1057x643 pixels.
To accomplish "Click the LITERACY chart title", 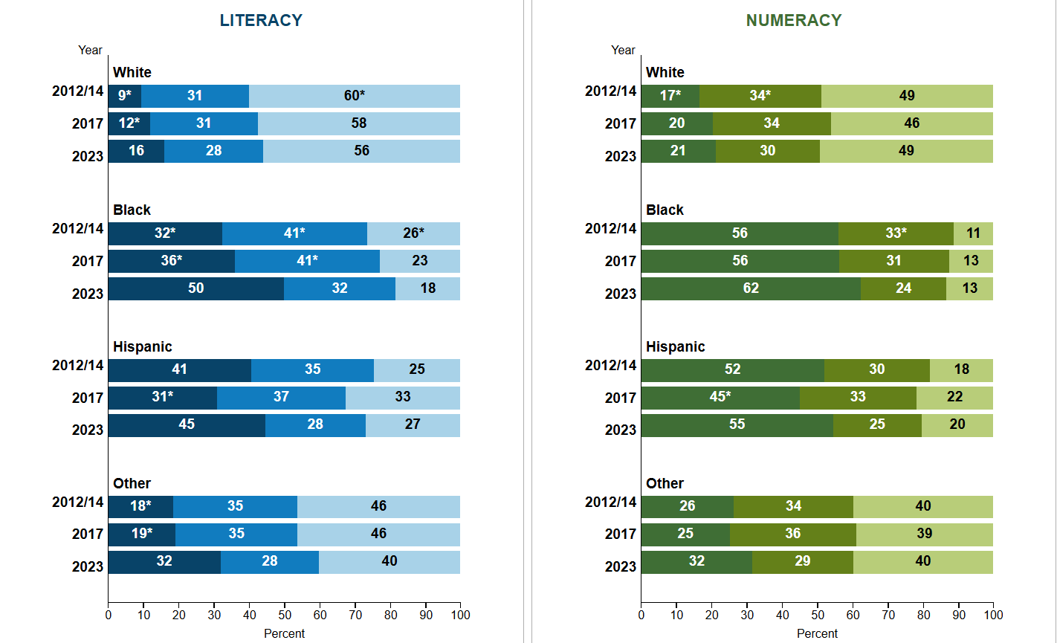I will tap(261, 21).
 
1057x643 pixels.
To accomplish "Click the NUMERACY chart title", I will tap(794, 21).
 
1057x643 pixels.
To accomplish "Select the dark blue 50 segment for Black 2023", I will tap(195, 288).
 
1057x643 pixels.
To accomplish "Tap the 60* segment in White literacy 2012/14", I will tap(354, 96).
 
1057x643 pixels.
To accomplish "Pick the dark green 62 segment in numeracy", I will tap(751, 288).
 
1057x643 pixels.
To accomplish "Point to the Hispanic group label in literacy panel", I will tap(142, 347).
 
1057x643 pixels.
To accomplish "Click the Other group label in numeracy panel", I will tap(665, 484).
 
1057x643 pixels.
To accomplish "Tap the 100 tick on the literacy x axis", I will tap(460, 615).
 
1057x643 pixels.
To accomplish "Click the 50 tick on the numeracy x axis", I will tap(817, 615).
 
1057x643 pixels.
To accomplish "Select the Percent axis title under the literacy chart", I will tap(284, 634).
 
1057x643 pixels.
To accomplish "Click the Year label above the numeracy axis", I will tap(623, 50).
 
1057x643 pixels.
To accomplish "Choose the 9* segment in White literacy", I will tap(124, 96).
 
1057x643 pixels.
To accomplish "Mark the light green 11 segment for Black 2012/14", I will tap(973, 233).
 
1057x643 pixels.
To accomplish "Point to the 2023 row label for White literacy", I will tap(87, 156).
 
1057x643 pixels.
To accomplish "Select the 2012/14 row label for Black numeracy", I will tap(610, 228).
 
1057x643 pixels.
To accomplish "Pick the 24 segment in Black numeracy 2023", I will tap(903, 288).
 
